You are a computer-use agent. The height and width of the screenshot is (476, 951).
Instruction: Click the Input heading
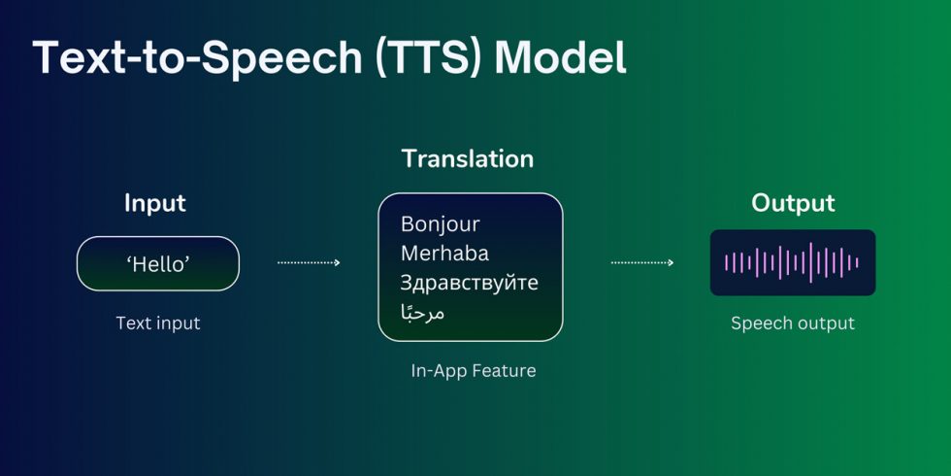155,204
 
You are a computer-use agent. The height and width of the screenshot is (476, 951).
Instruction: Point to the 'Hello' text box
157,263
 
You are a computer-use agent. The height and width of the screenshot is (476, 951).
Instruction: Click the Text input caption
157,323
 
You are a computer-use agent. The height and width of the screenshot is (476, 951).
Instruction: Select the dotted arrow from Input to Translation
309,262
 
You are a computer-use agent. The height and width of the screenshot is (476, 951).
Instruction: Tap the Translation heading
468,158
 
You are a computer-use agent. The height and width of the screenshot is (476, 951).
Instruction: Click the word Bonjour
440,224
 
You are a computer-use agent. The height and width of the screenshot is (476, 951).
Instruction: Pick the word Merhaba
444,254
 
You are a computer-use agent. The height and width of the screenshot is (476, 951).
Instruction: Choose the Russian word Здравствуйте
469,283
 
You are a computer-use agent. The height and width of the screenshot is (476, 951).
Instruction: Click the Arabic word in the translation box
422,312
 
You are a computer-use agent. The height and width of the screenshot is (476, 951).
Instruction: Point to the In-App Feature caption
473,370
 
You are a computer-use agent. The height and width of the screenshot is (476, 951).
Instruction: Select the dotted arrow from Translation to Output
641,262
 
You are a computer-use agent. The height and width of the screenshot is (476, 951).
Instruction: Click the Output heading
793,204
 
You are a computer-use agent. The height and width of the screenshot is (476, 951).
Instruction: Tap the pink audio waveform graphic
792,262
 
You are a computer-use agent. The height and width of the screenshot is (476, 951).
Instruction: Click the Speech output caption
793,323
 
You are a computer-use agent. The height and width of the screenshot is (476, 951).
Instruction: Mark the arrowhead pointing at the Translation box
337,262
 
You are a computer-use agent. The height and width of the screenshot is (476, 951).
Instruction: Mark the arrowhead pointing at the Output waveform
670,262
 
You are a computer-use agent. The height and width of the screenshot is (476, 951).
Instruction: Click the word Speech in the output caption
761,323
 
